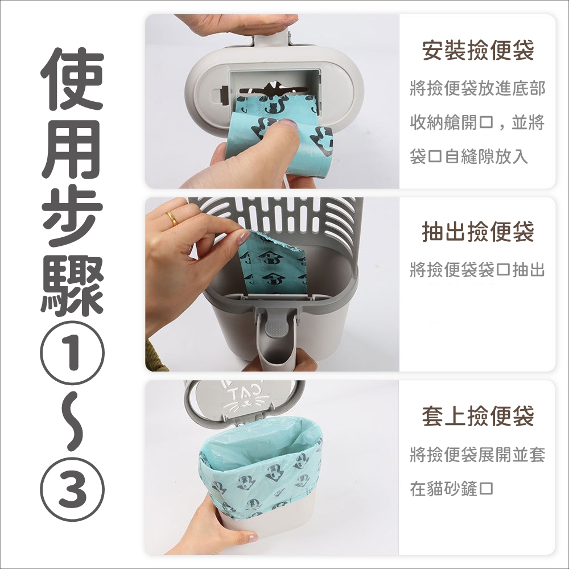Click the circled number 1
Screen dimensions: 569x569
pyautogui.click(x=72, y=353)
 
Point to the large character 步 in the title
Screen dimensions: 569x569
pyautogui.click(x=72, y=216)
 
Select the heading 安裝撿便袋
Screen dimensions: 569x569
pyautogui.click(x=477, y=50)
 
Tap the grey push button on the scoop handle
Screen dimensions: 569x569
pyautogui.click(x=275, y=328)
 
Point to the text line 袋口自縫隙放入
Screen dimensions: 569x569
pyautogui.click(x=469, y=156)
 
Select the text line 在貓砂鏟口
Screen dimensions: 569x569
pyautogui.click(x=452, y=488)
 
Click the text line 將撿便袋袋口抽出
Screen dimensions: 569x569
pyautogui.click(x=477, y=269)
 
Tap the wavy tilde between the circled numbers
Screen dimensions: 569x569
pyautogui.click(x=72, y=422)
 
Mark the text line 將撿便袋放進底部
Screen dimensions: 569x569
pyautogui.click(x=477, y=89)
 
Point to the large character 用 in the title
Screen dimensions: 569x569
pyautogui.click(x=72, y=147)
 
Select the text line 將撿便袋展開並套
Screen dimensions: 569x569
pyautogui.click(x=477, y=454)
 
